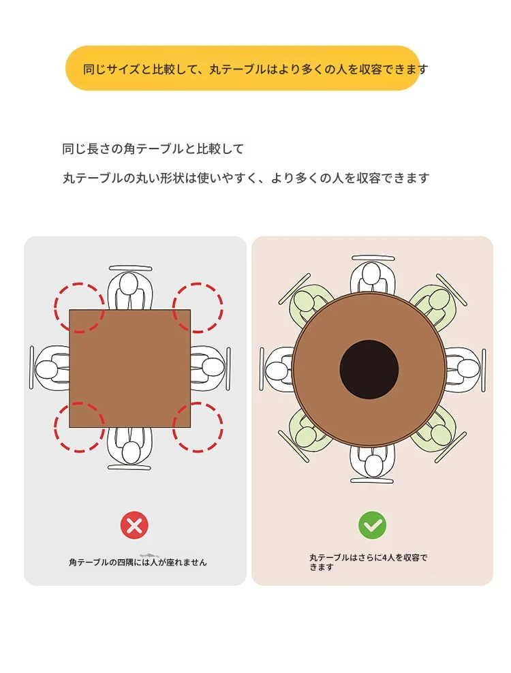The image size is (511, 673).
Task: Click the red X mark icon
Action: pyautogui.click(x=134, y=525)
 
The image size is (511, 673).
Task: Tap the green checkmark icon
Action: pyautogui.click(x=372, y=525)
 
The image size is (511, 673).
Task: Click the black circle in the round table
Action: pyautogui.click(x=369, y=369)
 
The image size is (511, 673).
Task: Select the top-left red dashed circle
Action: pyautogui.click(x=80, y=307)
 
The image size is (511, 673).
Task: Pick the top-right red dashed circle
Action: pyautogui.click(x=198, y=307)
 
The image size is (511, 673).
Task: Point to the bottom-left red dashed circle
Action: pyautogui.click(x=80, y=426)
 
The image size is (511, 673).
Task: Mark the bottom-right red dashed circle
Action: pyautogui.click(x=198, y=426)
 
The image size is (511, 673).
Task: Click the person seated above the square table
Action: pyautogui.click(x=130, y=287)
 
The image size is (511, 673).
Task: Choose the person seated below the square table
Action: pyautogui.click(x=130, y=448)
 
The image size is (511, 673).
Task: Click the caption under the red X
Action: pyautogui.click(x=138, y=562)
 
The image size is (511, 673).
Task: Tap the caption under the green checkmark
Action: pyautogui.click(x=368, y=562)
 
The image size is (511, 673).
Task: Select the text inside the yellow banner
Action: pyautogui.click(x=255, y=69)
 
